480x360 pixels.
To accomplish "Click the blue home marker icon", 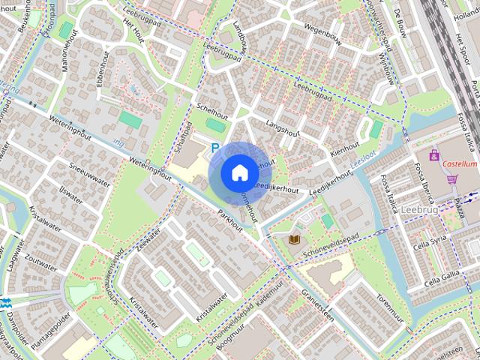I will click(239, 173).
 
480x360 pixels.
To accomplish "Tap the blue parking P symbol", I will click(215, 148).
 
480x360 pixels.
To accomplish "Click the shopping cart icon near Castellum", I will click(451, 178).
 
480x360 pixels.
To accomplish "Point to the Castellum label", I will click(460, 163).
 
